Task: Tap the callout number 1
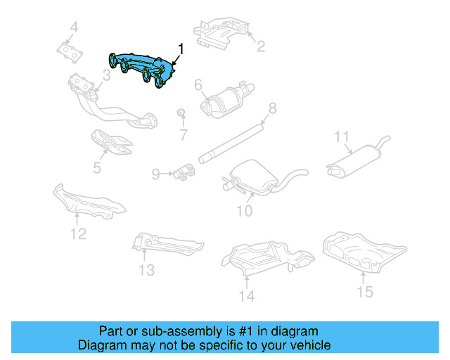181,49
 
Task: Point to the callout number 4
74,29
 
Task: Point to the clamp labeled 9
185,171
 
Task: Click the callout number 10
243,210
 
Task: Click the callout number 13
146,270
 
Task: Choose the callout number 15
364,291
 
